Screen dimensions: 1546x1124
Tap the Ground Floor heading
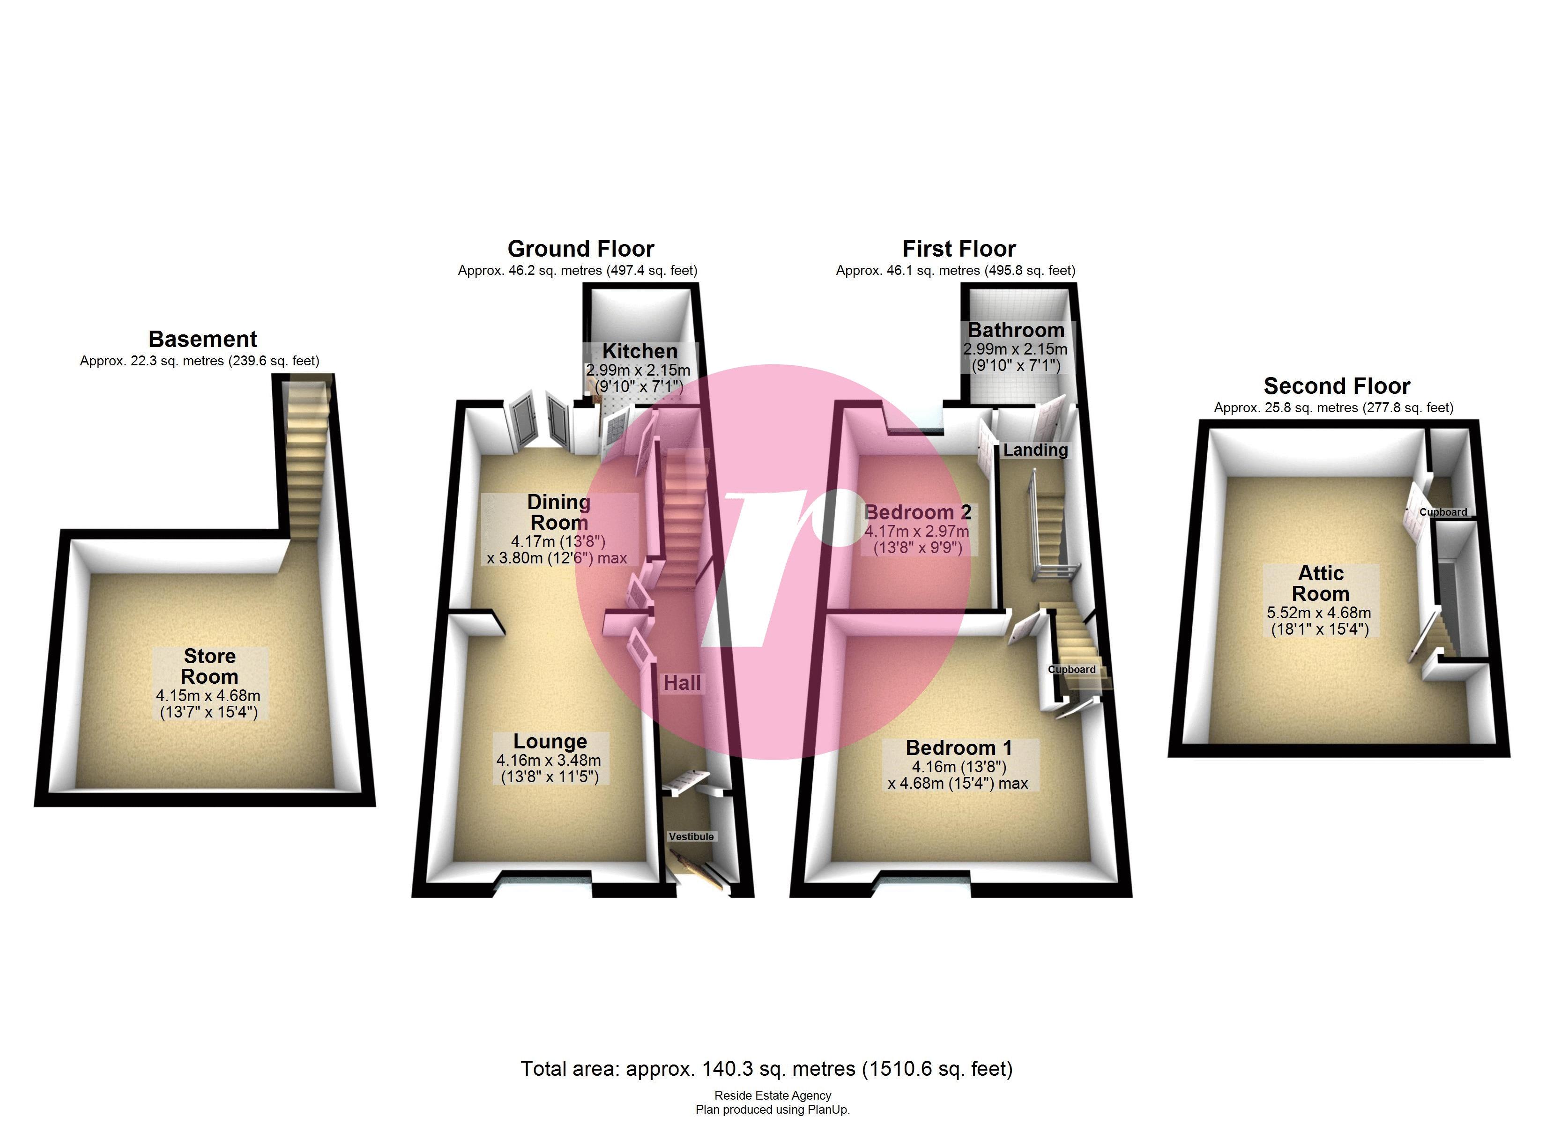(x=581, y=249)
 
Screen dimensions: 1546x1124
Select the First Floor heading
(x=959, y=249)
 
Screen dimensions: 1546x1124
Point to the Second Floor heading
(x=1337, y=386)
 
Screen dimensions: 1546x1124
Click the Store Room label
(x=209, y=666)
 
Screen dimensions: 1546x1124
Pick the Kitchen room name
(x=639, y=352)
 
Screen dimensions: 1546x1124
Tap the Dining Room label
(x=558, y=512)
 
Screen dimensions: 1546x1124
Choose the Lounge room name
(x=550, y=742)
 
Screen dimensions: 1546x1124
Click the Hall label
(x=682, y=683)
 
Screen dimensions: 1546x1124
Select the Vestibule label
(x=691, y=836)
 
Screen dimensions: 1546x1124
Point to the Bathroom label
(x=1016, y=331)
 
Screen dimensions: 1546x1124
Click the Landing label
(x=1035, y=451)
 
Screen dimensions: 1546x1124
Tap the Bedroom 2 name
(x=917, y=512)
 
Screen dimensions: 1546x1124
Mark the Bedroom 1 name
(x=959, y=748)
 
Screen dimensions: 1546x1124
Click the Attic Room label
(x=1320, y=584)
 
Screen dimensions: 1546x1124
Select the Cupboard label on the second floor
(x=1443, y=512)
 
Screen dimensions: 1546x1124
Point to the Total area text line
(x=767, y=1069)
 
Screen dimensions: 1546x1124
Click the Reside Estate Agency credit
(x=773, y=1095)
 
